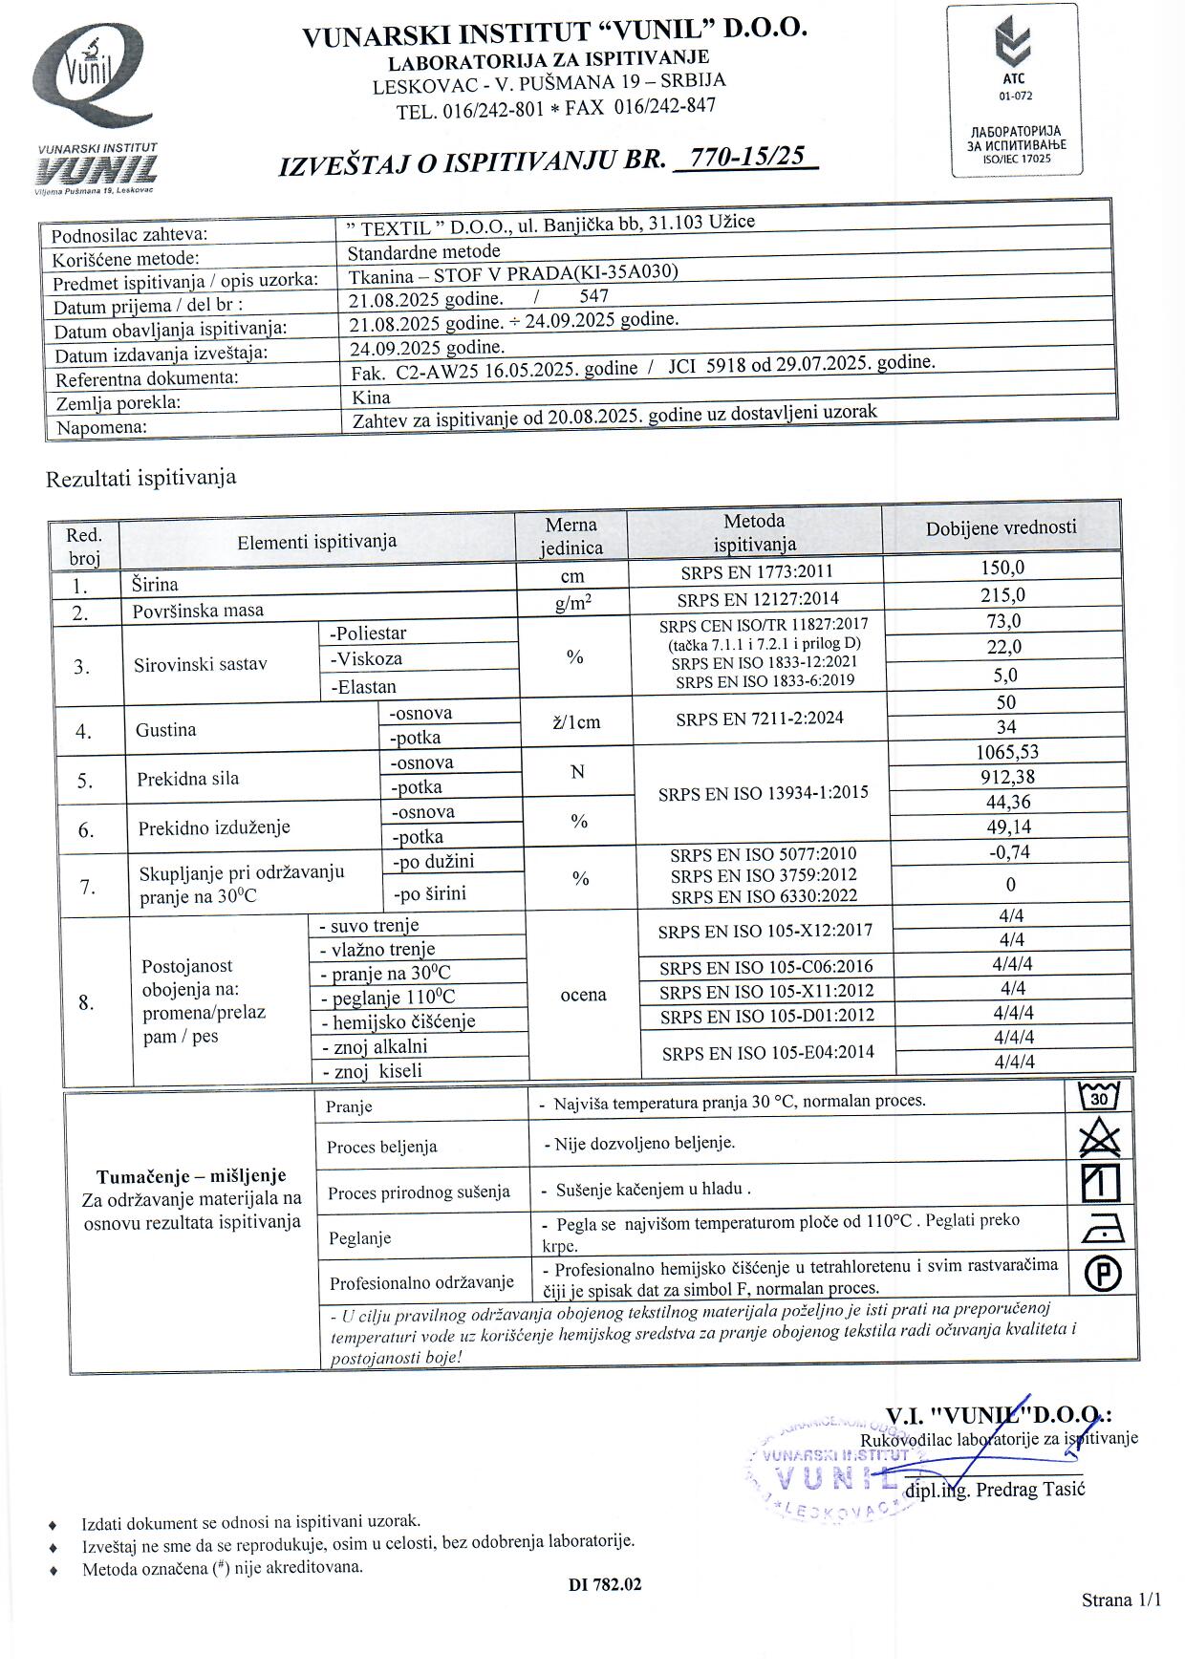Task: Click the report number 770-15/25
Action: (746, 157)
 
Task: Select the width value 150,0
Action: (1002, 568)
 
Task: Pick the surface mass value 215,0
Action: (1003, 594)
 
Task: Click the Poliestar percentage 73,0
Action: (1004, 621)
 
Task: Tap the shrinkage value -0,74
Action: (1010, 851)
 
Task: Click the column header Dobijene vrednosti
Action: (1001, 527)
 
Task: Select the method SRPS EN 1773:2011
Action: (756, 572)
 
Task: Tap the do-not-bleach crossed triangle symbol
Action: (1100, 1139)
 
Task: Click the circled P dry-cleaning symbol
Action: (1103, 1273)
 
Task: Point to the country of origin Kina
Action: (371, 397)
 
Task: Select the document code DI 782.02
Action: (605, 1584)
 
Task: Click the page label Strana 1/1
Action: (1121, 1600)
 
